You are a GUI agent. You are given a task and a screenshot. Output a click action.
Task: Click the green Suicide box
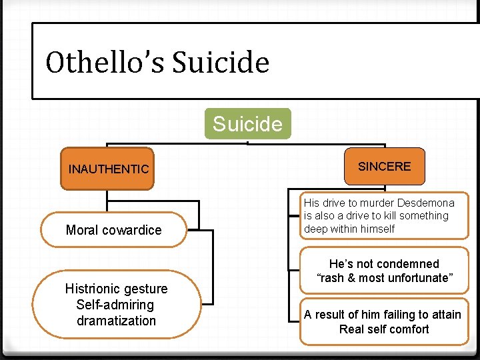click(x=247, y=124)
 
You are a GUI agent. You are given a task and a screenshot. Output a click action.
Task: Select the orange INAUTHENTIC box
click(x=108, y=169)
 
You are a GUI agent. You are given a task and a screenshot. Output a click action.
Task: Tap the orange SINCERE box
click(x=384, y=167)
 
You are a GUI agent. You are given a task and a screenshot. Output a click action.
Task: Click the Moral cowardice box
click(x=113, y=230)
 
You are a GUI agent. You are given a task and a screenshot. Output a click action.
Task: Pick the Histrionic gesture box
click(x=116, y=305)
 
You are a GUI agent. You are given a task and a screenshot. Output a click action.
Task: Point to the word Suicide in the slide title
click(x=221, y=63)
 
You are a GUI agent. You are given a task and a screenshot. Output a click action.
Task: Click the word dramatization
click(x=116, y=321)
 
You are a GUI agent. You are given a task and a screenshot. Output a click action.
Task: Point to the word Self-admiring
click(x=116, y=305)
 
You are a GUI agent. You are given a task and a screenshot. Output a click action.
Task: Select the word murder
click(x=371, y=203)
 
